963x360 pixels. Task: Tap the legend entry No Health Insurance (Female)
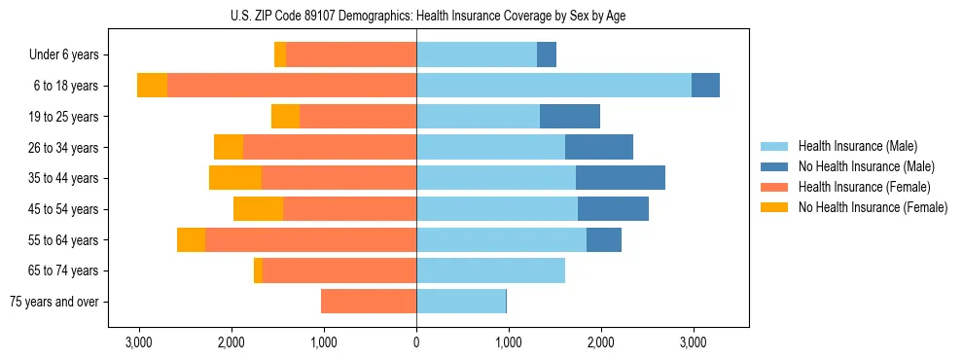click(873, 207)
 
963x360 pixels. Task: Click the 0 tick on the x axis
click(416, 342)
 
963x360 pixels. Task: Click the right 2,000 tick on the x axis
click(600, 342)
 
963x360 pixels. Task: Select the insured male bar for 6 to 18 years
click(553, 86)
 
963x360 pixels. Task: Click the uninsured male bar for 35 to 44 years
click(621, 178)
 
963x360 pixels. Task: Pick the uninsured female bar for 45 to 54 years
click(258, 209)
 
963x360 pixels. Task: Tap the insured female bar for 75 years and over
click(369, 302)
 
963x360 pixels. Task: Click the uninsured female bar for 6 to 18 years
click(152, 86)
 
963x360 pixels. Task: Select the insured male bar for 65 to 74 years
click(490, 270)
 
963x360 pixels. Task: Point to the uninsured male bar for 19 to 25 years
click(570, 117)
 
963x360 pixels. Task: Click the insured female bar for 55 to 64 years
click(310, 239)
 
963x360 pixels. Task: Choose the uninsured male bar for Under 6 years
click(547, 54)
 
